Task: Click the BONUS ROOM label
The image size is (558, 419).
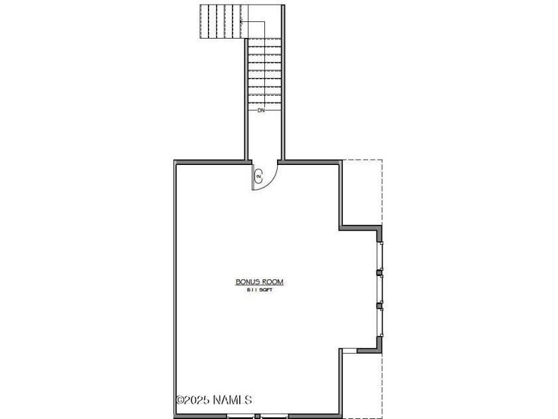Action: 260,282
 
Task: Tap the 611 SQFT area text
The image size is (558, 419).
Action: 260,290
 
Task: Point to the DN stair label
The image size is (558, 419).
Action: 261,110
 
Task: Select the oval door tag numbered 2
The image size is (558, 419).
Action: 258,176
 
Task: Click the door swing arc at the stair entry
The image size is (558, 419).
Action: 272,180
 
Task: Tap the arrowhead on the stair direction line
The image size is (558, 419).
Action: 242,21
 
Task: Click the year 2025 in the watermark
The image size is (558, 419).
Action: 197,400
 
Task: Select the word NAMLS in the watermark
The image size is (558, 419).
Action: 232,400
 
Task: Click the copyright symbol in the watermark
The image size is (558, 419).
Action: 180,400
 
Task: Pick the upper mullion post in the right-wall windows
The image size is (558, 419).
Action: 379,273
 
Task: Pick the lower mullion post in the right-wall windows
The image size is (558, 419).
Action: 379,305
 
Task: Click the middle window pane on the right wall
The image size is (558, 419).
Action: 380,289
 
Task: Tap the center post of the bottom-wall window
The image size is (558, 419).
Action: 257,416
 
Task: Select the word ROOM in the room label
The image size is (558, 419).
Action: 272,282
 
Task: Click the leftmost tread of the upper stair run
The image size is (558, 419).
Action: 204,21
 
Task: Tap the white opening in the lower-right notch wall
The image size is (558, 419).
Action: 349,351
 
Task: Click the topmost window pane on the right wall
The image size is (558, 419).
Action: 380,256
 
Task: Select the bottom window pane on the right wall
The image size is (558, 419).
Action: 380,322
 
